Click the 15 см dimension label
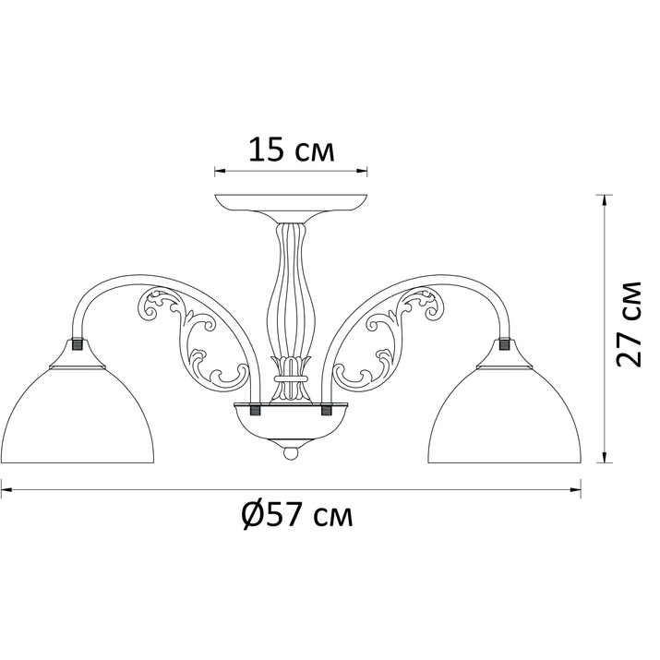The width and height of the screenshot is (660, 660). click(292, 150)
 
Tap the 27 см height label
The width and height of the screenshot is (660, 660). click(629, 324)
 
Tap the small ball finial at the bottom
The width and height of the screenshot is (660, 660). click(291, 453)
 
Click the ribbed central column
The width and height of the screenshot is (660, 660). click(291, 291)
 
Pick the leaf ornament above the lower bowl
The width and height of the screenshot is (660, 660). click(291, 378)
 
